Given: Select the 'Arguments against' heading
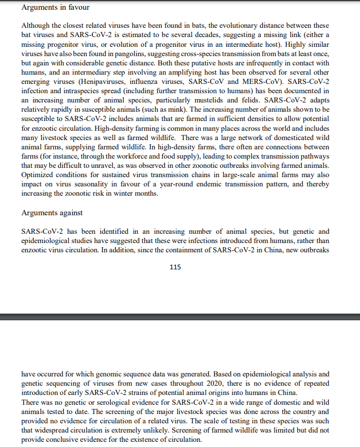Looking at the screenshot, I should tap(52, 213).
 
